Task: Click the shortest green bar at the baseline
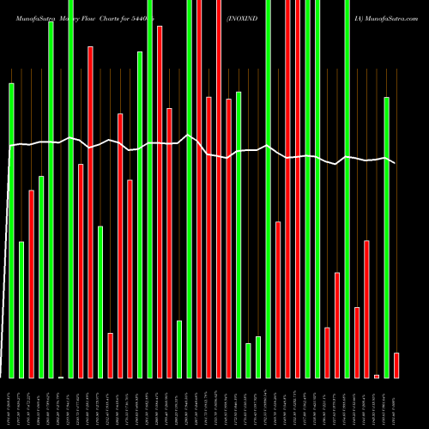point(61,377)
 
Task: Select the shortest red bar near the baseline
point(377,376)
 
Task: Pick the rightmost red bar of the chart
point(396,365)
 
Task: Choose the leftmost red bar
point(32,284)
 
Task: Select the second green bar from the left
point(21,310)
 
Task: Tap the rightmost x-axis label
point(396,403)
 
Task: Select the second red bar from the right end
point(377,376)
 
